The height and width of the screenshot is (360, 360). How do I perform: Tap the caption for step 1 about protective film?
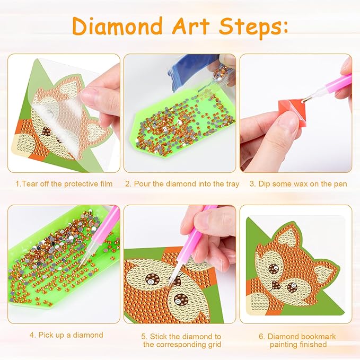pos(64,184)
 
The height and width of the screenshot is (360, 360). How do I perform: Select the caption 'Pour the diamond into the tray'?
pos(182,184)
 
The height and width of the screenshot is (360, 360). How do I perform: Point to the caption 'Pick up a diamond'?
pos(66,335)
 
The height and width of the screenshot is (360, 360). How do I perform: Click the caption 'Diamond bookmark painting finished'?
pos(297,340)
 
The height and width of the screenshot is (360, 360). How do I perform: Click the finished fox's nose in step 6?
pos(276,286)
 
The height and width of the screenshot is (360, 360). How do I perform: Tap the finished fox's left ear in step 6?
pos(284,239)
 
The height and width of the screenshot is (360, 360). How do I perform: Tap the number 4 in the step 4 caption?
pos(32,335)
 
